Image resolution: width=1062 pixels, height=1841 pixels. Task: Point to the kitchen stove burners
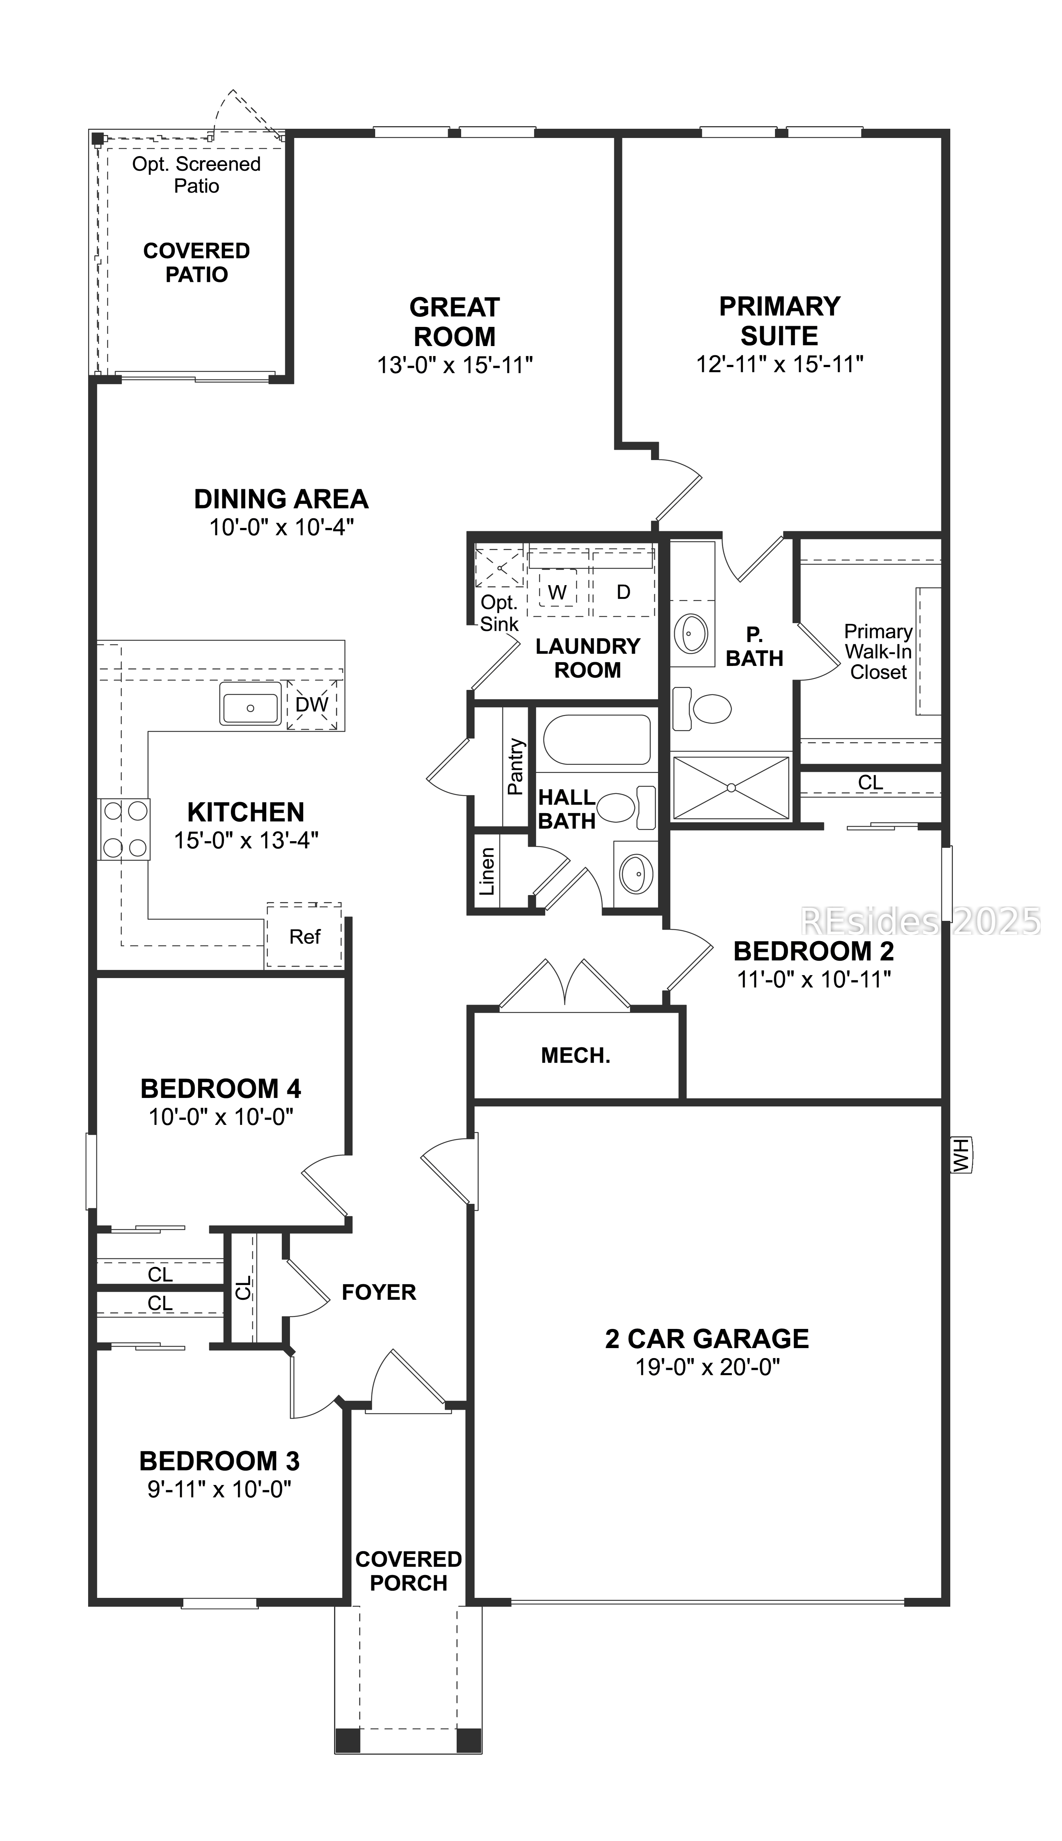[x=124, y=828]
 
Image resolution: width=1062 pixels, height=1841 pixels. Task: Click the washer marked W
[x=557, y=592]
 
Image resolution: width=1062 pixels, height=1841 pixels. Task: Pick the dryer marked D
[x=623, y=592]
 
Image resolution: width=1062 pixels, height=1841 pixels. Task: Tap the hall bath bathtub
[x=597, y=739]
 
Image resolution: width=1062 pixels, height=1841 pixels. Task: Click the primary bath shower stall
[x=731, y=787]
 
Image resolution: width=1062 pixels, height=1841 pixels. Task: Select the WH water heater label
[x=961, y=1155]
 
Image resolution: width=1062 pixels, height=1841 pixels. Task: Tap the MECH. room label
[x=576, y=1055]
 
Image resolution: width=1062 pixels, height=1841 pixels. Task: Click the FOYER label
[x=379, y=1292]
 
